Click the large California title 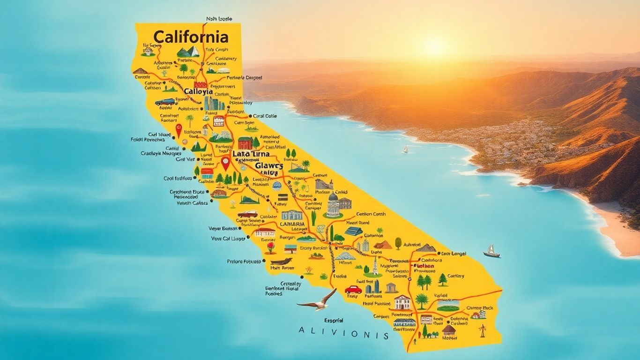tap(191, 37)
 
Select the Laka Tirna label tap(251, 154)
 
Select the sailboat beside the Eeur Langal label tap(491, 251)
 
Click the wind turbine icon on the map tap(482, 331)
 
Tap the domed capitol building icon tap(333, 205)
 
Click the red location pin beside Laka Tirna tap(226, 163)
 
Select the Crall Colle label tap(265, 116)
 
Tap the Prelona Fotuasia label tap(244, 262)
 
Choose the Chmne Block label tap(480, 307)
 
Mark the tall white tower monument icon tap(375, 265)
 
